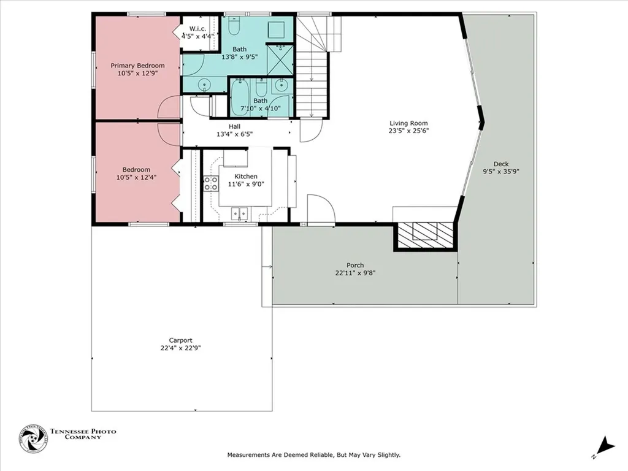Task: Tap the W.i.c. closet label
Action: click(x=197, y=29)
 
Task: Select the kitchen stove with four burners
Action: click(x=211, y=183)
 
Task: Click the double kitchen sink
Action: click(x=239, y=213)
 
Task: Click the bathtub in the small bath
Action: click(x=239, y=99)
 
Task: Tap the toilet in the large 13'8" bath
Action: click(x=234, y=26)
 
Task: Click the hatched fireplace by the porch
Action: click(x=426, y=235)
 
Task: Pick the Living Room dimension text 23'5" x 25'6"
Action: click(x=408, y=131)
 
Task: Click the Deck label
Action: click(x=501, y=164)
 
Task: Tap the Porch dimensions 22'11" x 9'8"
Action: click(x=355, y=274)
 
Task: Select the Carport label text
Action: click(x=181, y=340)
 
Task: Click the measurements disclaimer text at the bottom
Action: click(x=313, y=455)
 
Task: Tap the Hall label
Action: click(x=234, y=126)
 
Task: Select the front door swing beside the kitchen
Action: click(x=320, y=209)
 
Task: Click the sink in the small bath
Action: click(x=281, y=86)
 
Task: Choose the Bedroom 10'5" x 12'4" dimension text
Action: click(x=136, y=177)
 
